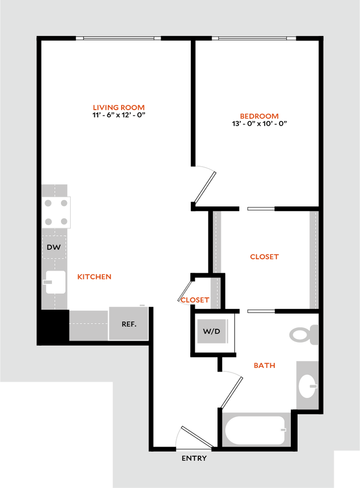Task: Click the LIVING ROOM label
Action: pyautogui.click(x=119, y=108)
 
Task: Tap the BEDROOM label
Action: pyautogui.click(x=260, y=116)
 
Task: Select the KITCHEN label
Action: pyautogui.click(x=95, y=276)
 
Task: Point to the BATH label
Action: pyautogui.click(x=265, y=366)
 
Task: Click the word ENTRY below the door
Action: pyautogui.click(x=194, y=458)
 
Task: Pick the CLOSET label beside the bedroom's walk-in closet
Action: pyautogui.click(x=264, y=257)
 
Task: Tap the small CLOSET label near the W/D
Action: pyautogui.click(x=195, y=300)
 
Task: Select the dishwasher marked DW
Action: pyautogui.click(x=54, y=247)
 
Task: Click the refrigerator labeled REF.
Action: pyautogui.click(x=129, y=324)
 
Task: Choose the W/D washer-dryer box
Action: pyautogui.click(x=212, y=331)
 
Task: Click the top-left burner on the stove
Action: pyautogui.click(x=48, y=203)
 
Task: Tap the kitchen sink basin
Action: pyautogui.click(x=56, y=282)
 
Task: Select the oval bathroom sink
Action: pyautogui.click(x=307, y=386)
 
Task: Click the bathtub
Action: pyautogui.click(x=256, y=430)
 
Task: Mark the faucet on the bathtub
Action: pyautogui.click(x=283, y=430)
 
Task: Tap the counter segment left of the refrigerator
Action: pyautogui.click(x=89, y=325)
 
